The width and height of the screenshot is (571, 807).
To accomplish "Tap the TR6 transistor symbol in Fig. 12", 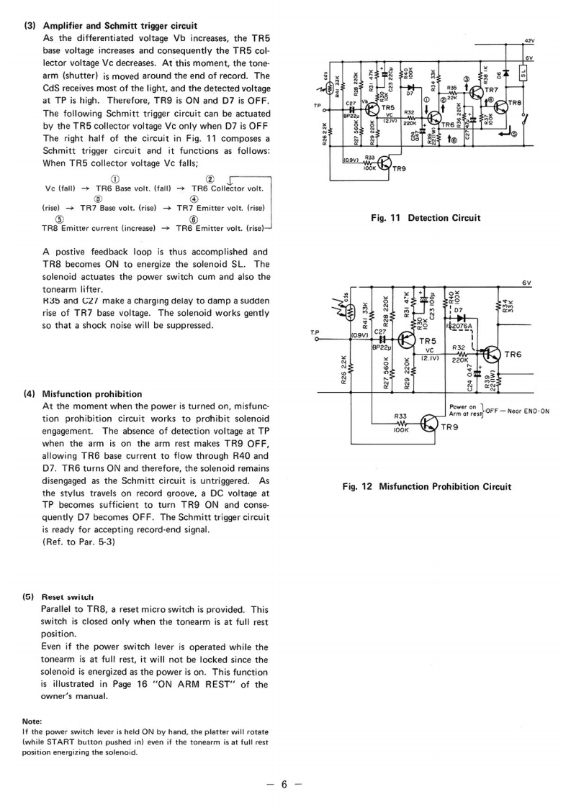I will (x=492, y=354).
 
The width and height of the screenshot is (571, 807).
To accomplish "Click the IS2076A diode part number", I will (x=459, y=326).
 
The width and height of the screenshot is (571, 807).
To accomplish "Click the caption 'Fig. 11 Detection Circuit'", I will (x=426, y=218).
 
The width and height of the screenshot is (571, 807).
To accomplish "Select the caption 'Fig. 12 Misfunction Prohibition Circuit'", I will (x=426, y=486).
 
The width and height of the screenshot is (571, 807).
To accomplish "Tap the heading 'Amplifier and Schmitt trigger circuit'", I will (x=120, y=26).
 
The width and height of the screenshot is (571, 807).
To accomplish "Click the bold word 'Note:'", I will (x=32, y=721).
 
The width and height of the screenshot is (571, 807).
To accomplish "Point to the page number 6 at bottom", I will (x=284, y=785).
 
